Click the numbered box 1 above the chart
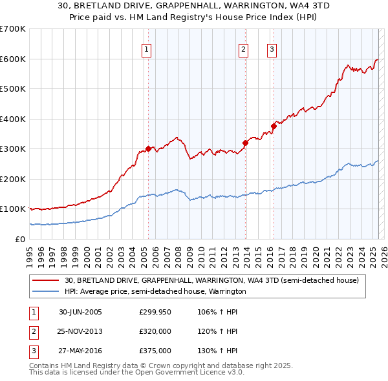(x=147, y=50)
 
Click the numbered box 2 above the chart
(x=243, y=50)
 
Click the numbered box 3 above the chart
(x=272, y=50)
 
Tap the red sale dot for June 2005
(x=148, y=149)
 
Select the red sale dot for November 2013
(x=245, y=143)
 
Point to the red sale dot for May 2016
(x=274, y=127)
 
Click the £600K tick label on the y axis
(x=13, y=59)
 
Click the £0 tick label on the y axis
(x=21, y=239)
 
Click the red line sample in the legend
(x=46, y=281)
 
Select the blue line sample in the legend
(x=46, y=292)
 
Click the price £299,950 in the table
(x=155, y=312)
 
